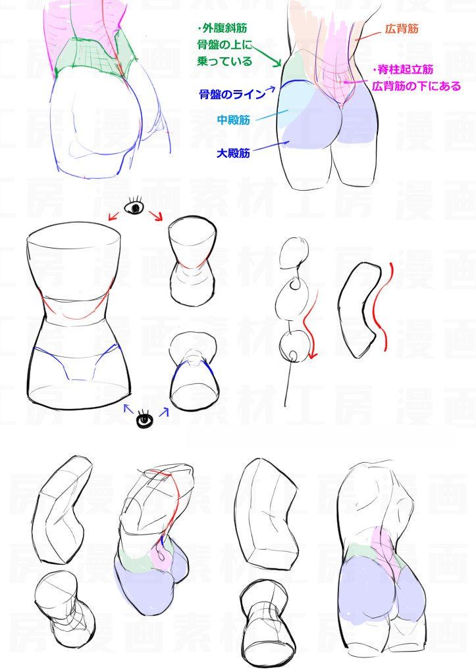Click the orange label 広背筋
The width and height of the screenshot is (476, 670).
tap(402, 29)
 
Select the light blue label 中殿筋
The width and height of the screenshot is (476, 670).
tap(233, 120)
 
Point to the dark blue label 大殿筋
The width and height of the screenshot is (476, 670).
tap(233, 153)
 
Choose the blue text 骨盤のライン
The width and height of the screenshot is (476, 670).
tap(232, 94)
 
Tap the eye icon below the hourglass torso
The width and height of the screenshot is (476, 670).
tap(145, 419)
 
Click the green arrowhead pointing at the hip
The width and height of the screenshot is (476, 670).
tap(277, 63)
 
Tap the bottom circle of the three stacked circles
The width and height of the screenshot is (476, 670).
tap(294, 347)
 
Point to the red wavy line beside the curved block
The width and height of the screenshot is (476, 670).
tap(381, 307)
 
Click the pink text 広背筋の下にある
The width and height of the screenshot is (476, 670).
tap(416, 86)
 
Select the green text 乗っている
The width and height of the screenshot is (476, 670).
tap(225, 61)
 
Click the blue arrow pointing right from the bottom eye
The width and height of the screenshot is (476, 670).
tap(164, 412)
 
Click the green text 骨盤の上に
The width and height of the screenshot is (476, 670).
tap(225, 45)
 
